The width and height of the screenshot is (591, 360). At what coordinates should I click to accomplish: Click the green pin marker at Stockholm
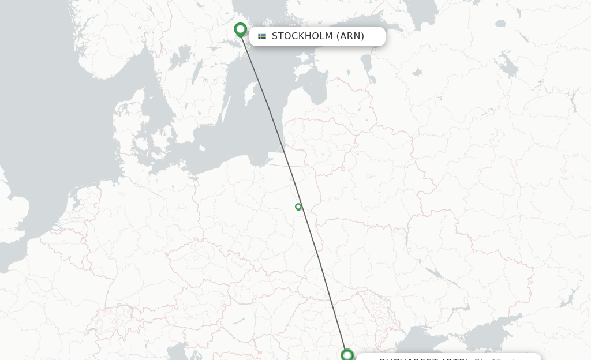(241, 29)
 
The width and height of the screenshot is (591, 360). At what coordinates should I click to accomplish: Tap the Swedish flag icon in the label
(262, 36)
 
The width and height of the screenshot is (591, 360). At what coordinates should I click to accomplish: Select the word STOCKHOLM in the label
(302, 36)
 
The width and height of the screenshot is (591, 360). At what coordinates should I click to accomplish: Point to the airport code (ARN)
(350, 36)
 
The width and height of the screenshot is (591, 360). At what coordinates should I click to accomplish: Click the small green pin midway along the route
(298, 207)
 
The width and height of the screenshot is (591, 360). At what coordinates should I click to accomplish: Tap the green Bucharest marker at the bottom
(347, 355)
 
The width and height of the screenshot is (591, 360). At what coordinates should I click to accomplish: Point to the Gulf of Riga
(315, 87)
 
